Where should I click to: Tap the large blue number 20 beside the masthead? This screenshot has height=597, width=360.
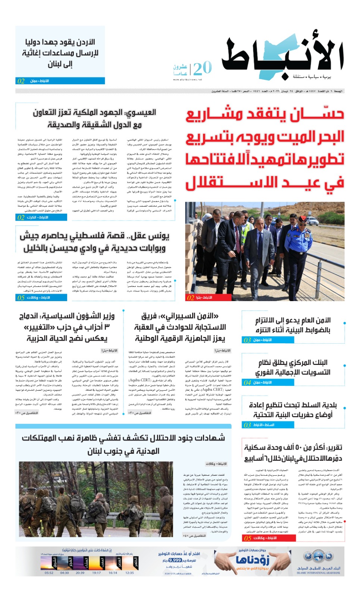[x=203, y=68]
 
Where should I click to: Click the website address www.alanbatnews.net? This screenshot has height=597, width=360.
[x=188, y=79]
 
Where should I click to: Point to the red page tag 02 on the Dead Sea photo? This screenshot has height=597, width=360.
[x=191, y=297]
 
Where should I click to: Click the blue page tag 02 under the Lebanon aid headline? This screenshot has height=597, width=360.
[x=21, y=81]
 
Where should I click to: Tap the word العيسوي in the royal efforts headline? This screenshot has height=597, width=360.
[x=140, y=112]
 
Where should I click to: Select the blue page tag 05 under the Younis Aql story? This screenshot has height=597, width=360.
[x=21, y=297]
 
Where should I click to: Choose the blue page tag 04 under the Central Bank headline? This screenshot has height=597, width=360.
[x=247, y=382]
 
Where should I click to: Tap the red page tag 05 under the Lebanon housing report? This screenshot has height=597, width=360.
[x=248, y=538]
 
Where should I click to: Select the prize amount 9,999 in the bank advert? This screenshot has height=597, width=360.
[x=175, y=560]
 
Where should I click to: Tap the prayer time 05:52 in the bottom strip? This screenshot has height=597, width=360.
[x=49, y=573]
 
